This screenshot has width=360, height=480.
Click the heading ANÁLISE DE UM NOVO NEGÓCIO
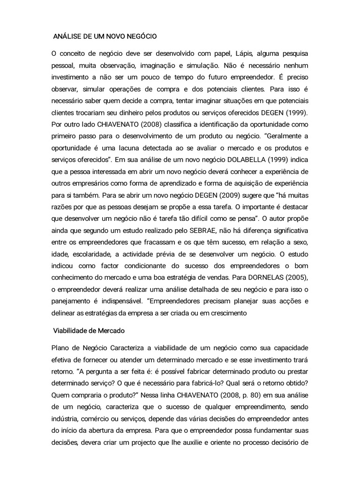click(105, 36)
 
